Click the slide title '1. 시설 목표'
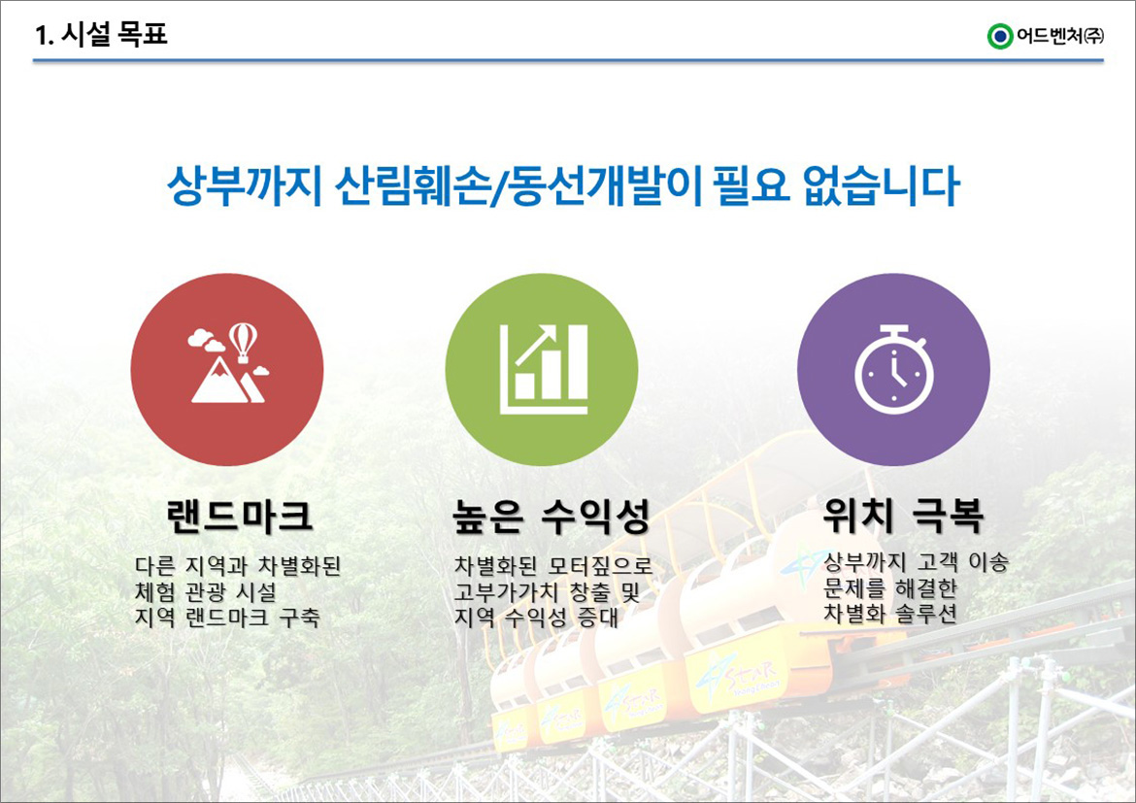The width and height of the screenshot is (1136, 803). tap(101, 33)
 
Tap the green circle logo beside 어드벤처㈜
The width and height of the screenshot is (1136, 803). tap(1000, 36)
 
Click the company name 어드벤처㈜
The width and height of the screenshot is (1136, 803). tap(1060, 36)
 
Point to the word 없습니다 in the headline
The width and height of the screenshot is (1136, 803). tap(882, 186)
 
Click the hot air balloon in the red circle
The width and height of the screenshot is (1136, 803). tap(243, 342)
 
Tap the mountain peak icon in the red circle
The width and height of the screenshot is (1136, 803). tap(220, 380)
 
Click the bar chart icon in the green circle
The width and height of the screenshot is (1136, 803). tap(544, 369)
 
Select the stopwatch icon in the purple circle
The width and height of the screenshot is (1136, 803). tap(894, 369)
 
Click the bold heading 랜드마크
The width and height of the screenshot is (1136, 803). tap(240, 516)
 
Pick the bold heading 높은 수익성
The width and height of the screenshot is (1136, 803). tap(551, 517)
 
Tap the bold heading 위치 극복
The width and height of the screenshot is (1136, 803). tap(903, 516)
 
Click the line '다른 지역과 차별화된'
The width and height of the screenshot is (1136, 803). tap(238, 565)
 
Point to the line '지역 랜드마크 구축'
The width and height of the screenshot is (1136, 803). tap(227, 618)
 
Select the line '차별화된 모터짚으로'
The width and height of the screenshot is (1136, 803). tap(553, 565)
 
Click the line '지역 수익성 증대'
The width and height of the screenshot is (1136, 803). tap(536, 618)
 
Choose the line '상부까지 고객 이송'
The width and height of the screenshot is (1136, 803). tap(917, 561)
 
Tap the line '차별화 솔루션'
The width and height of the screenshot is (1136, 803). tap(890, 614)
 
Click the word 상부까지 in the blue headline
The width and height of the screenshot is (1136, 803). tap(244, 186)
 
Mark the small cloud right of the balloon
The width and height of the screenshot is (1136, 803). tap(261, 371)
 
